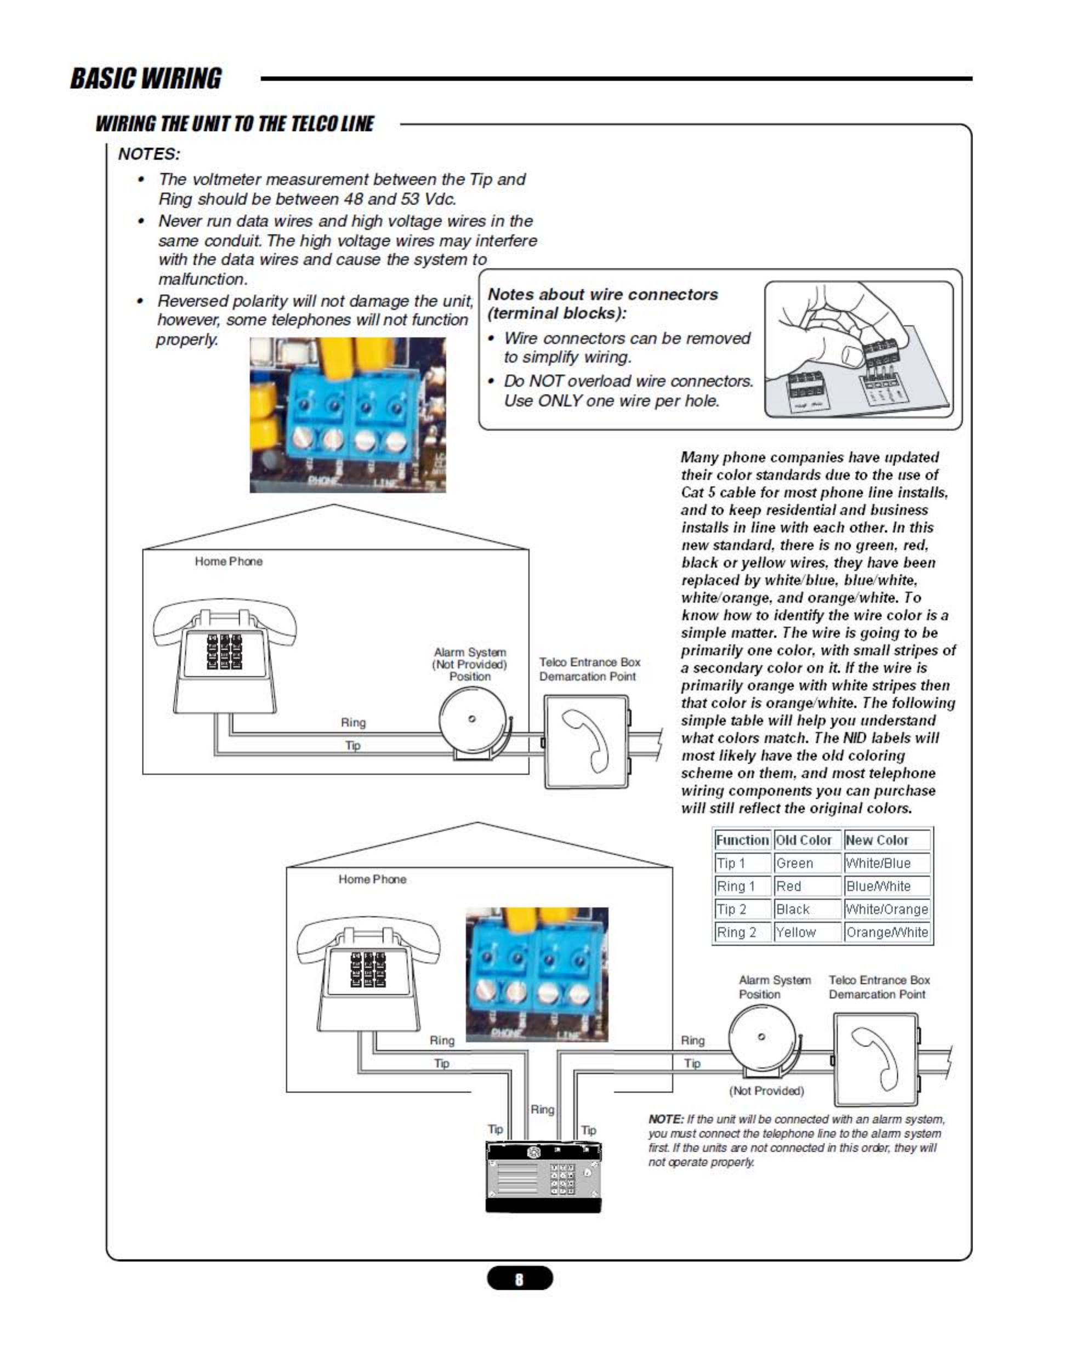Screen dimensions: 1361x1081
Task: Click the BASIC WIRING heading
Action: (x=146, y=78)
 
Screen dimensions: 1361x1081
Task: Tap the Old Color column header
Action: (x=804, y=840)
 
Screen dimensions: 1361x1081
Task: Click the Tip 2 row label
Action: (x=732, y=909)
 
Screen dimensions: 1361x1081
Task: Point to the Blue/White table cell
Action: (x=878, y=885)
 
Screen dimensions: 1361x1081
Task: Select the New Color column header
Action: (x=877, y=840)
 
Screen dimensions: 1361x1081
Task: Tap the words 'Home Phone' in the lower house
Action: (x=372, y=879)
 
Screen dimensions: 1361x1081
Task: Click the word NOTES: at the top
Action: (x=149, y=154)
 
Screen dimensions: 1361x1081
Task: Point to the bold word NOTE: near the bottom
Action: (x=665, y=1119)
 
